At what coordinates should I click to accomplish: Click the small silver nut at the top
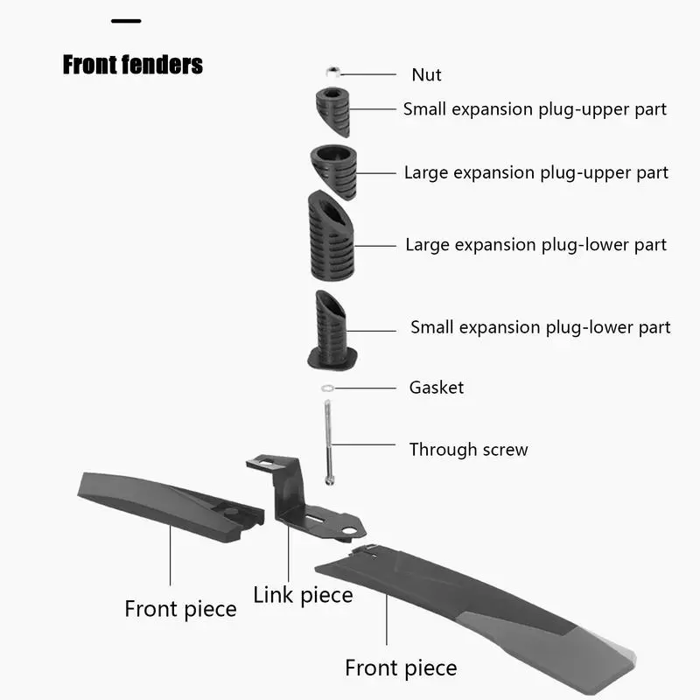[x=332, y=72]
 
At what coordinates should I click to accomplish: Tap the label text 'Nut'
[x=426, y=75]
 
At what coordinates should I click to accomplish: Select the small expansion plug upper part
[x=333, y=112]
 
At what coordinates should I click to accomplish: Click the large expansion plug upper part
[x=334, y=171]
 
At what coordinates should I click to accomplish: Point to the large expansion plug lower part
[x=332, y=235]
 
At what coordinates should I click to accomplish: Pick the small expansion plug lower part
[x=332, y=331]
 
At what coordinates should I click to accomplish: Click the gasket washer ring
[x=327, y=388]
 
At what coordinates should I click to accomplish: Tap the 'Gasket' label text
[x=436, y=388]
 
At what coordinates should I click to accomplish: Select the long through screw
[x=329, y=443]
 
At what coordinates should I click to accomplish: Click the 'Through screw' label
[x=469, y=450]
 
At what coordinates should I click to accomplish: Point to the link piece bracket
[x=304, y=497]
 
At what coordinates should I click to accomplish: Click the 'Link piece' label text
[x=303, y=596]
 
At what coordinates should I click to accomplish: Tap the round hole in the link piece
[x=349, y=531]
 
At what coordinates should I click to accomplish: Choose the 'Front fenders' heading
[x=133, y=65]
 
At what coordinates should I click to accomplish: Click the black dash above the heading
[x=126, y=21]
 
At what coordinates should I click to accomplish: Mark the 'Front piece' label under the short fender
[x=180, y=609]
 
